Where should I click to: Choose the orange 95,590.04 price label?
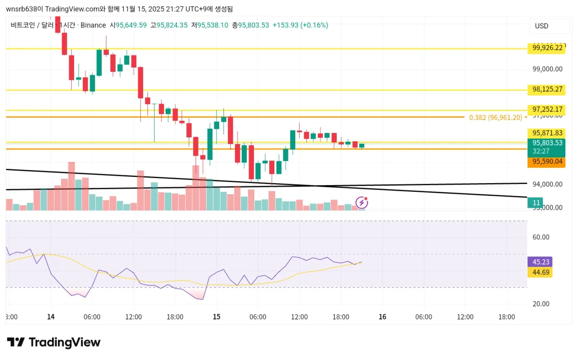tap(546, 162)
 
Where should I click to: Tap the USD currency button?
tap(541, 26)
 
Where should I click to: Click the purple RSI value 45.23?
tap(539, 262)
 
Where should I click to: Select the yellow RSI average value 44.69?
tap(539, 273)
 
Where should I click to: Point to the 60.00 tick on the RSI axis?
tap(541, 237)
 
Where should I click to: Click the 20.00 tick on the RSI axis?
tap(541, 304)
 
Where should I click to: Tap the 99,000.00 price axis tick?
tap(547, 69)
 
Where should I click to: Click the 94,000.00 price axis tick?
tap(547, 184)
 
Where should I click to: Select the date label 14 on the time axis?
tap(51, 317)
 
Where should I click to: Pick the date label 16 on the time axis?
tap(382, 317)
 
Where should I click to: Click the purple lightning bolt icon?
tap(361, 202)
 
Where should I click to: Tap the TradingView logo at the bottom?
tap(53, 342)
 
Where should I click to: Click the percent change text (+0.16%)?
tap(314, 25)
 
